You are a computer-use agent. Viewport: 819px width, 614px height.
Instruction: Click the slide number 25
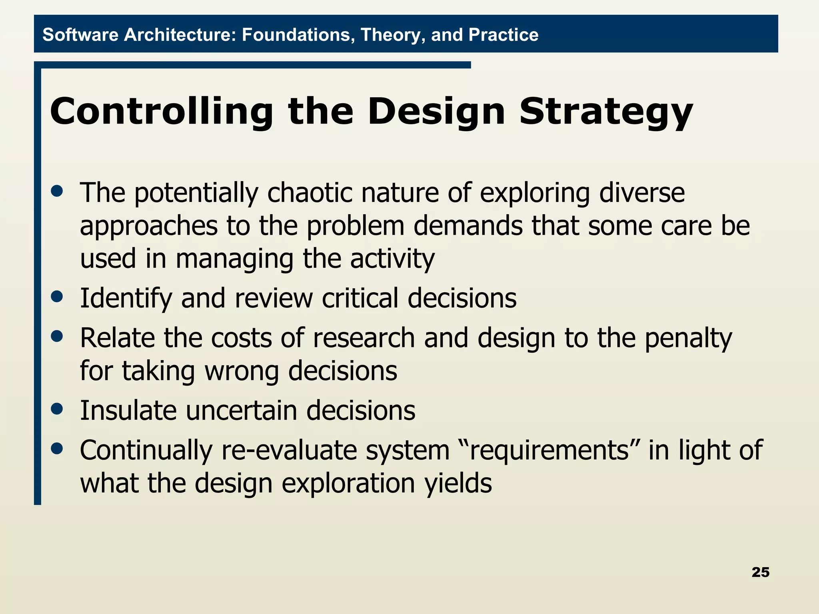click(x=760, y=572)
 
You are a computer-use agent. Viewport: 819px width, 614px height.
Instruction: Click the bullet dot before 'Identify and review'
click(x=57, y=297)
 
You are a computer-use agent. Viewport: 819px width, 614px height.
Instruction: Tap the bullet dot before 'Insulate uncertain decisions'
click(x=57, y=409)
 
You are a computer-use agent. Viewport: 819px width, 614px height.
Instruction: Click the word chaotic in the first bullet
click(x=310, y=193)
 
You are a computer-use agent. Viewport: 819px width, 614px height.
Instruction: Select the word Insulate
click(x=128, y=410)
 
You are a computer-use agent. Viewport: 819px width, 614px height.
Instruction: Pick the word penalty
click(x=688, y=339)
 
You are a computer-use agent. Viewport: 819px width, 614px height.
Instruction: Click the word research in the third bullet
click(x=364, y=338)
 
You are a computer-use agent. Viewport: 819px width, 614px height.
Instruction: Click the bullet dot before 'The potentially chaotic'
click(x=57, y=191)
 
